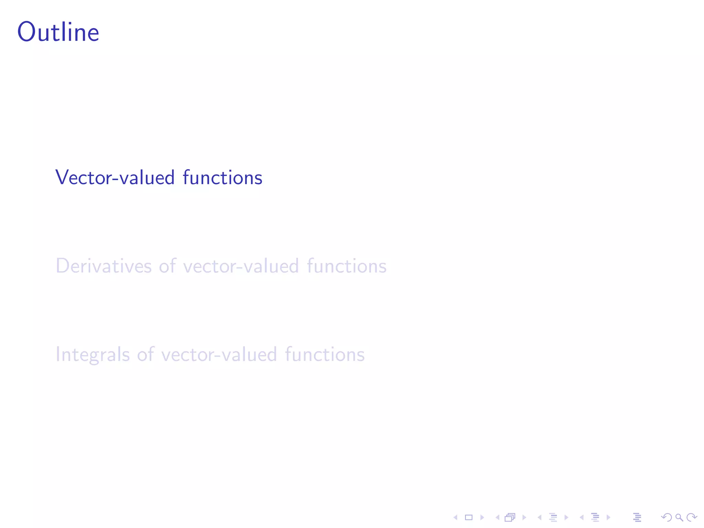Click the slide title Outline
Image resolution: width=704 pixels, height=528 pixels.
(58, 32)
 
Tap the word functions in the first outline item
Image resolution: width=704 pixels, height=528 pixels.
(222, 178)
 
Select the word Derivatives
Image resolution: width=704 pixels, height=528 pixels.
(103, 266)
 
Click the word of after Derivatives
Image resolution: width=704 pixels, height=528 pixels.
(167, 266)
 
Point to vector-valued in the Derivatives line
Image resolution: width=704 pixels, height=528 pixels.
(241, 266)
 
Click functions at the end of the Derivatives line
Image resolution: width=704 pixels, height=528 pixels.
(346, 266)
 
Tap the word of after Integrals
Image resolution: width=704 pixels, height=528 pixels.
(145, 354)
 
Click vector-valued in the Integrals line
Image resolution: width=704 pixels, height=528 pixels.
(219, 354)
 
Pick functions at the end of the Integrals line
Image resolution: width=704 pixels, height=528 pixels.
(325, 354)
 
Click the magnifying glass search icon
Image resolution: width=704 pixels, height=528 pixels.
(679, 517)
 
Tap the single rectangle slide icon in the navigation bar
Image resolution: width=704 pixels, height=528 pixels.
(469, 517)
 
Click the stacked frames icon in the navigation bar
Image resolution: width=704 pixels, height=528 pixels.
(510, 517)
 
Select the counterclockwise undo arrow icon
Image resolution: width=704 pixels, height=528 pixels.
(667, 517)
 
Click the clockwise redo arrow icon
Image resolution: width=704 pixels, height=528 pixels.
(692, 517)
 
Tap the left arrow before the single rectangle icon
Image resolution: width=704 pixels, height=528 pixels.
(455, 517)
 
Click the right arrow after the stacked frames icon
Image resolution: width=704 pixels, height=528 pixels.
(524, 517)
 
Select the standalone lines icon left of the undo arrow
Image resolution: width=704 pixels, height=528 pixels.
(637, 517)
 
